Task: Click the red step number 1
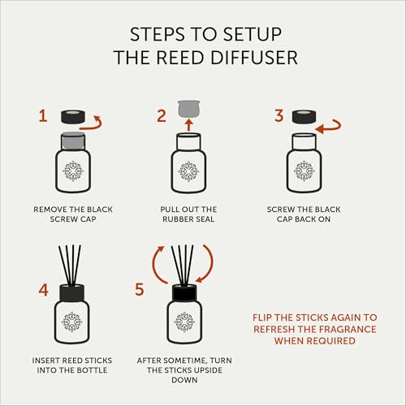[x=43, y=116]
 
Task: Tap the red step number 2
[x=162, y=116]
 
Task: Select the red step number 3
[x=279, y=115]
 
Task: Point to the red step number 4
[x=44, y=290]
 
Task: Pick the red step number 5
[x=140, y=290]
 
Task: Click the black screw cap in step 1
[x=73, y=117]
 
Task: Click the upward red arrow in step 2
[x=189, y=125]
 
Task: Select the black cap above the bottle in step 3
[x=304, y=117]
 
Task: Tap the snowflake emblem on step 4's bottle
[x=71, y=322]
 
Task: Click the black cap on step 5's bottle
[x=184, y=293]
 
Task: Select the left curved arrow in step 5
[x=158, y=265]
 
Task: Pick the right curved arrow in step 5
[x=207, y=264]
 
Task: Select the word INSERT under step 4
[x=45, y=361]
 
